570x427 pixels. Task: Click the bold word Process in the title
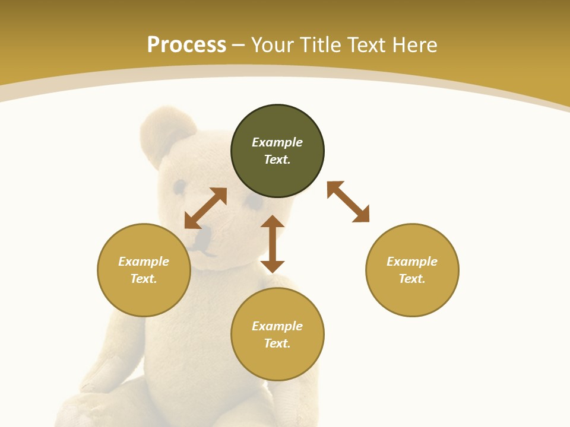click(x=186, y=45)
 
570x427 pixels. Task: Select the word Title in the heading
click(x=324, y=45)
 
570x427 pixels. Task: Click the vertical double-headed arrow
click(x=273, y=244)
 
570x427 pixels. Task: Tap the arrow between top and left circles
click(x=205, y=208)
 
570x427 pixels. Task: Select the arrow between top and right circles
click(x=348, y=202)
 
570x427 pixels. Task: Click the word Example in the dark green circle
click(x=277, y=142)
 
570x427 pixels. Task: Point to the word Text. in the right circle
click(x=412, y=279)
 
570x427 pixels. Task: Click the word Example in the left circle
click(x=144, y=262)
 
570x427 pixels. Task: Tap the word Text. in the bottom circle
click(x=277, y=343)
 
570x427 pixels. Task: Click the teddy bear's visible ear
click(x=166, y=133)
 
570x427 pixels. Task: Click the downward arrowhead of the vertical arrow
click(x=273, y=266)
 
